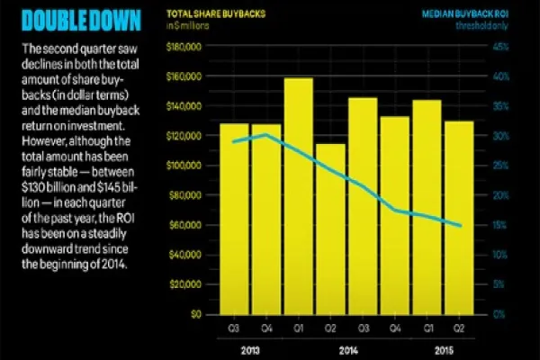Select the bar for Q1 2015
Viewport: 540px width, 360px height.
[x=427, y=207]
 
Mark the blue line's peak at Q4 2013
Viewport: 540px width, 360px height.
[x=266, y=135]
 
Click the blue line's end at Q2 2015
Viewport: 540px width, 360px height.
[x=462, y=226]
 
